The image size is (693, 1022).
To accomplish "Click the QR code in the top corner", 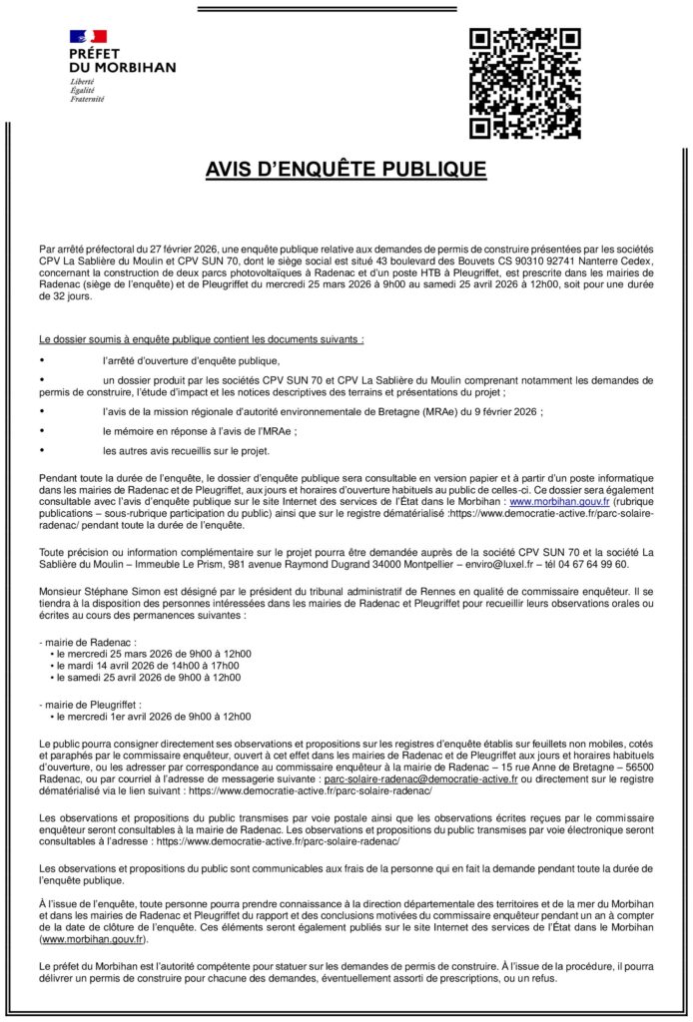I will tap(524, 83).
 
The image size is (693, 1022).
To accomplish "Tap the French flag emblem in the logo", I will tap(88, 38).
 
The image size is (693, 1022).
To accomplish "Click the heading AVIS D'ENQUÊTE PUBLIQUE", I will tap(346, 170).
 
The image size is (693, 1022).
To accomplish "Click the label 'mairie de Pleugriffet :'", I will tap(91, 704).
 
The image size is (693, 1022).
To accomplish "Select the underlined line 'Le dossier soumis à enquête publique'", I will tap(201, 339).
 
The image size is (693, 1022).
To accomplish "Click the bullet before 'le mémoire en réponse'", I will tap(42, 431).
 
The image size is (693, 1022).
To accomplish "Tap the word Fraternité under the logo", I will tap(87, 99).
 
